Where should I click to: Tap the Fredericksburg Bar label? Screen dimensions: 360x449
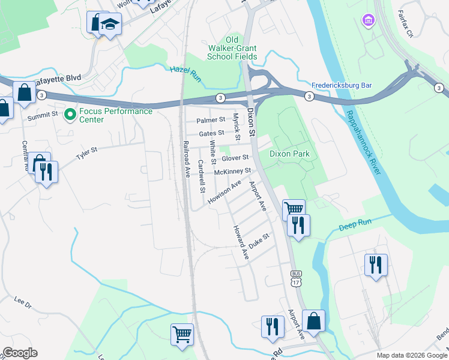[342, 85]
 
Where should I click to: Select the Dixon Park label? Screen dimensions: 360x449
[289, 154]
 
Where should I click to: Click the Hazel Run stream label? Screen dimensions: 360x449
[185, 73]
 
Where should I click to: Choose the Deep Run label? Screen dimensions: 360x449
[356, 225]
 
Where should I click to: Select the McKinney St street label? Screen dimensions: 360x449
[232, 172]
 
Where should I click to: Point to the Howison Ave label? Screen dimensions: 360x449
[224, 191]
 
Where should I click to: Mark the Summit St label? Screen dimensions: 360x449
[42, 113]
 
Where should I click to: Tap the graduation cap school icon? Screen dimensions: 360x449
[110, 25]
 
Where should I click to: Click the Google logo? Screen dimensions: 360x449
[20, 353]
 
